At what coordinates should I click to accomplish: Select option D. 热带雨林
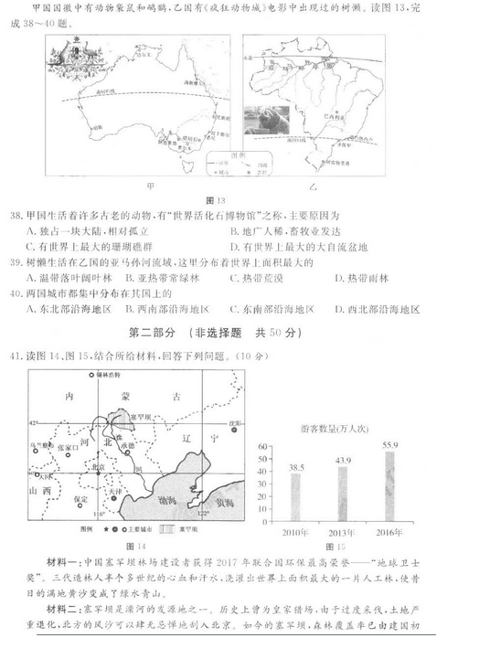(x=360, y=278)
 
